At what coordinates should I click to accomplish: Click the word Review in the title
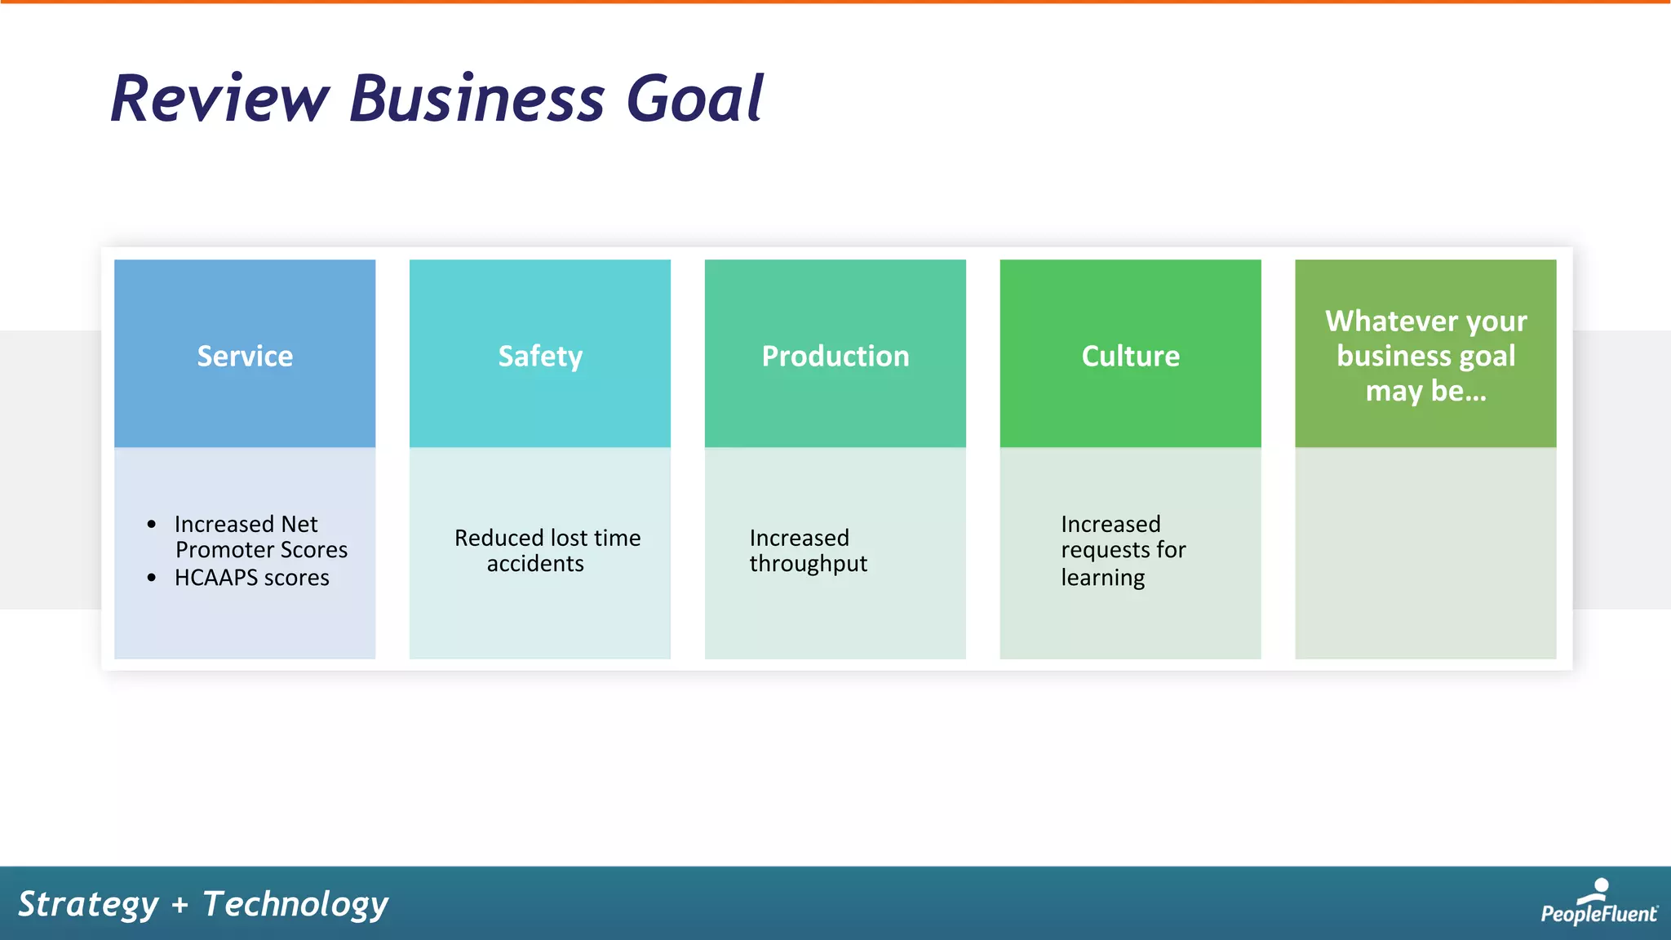tap(219, 99)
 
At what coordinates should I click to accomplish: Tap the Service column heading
tap(245, 356)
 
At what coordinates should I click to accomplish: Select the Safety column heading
tap(540, 356)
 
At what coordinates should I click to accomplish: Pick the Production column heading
tap(835, 356)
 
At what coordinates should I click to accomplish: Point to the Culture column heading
tap(1130, 356)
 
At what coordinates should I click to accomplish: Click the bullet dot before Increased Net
tap(152, 524)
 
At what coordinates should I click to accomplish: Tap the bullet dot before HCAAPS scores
tap(152, 578)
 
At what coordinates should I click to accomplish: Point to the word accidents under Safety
tap(535, 564)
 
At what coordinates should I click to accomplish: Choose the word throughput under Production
tap(808, 564)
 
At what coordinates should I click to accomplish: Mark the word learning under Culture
tap(1102, 578)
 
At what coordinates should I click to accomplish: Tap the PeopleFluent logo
tap(1598, 903)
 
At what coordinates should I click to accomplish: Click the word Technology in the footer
tap(295, 904)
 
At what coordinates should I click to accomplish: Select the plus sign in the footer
tap(180, 905)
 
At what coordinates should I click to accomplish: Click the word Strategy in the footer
tap(88, 904)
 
